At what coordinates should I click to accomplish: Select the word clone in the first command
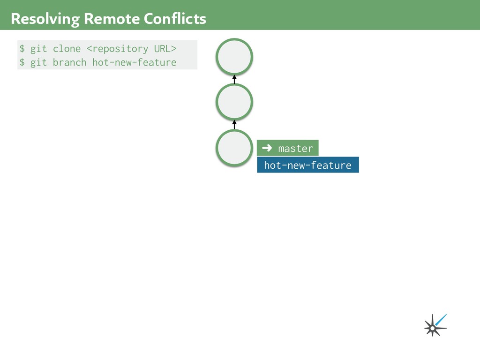(x=67, y=49)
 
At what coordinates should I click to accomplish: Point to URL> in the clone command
(x=165, y=49)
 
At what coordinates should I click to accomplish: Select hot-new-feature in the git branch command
(x=134, y=62)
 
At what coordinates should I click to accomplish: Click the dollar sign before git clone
(x=22, y=49)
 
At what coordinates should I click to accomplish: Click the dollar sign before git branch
(x=22, y=62)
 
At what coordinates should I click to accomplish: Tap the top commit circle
(x=234, y=57)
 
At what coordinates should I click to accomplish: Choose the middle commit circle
(x=234, y=101)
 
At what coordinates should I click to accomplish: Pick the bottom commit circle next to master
(x=234, y=148)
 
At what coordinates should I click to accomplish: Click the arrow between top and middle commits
(x=234, y=79)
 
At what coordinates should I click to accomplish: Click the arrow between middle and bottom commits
(x=234, y=124)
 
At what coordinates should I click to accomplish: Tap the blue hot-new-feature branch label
(x=307, y=165)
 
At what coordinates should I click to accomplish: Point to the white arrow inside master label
(x=267, y=148)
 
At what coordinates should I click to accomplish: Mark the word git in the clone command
(x=39, y=49)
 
